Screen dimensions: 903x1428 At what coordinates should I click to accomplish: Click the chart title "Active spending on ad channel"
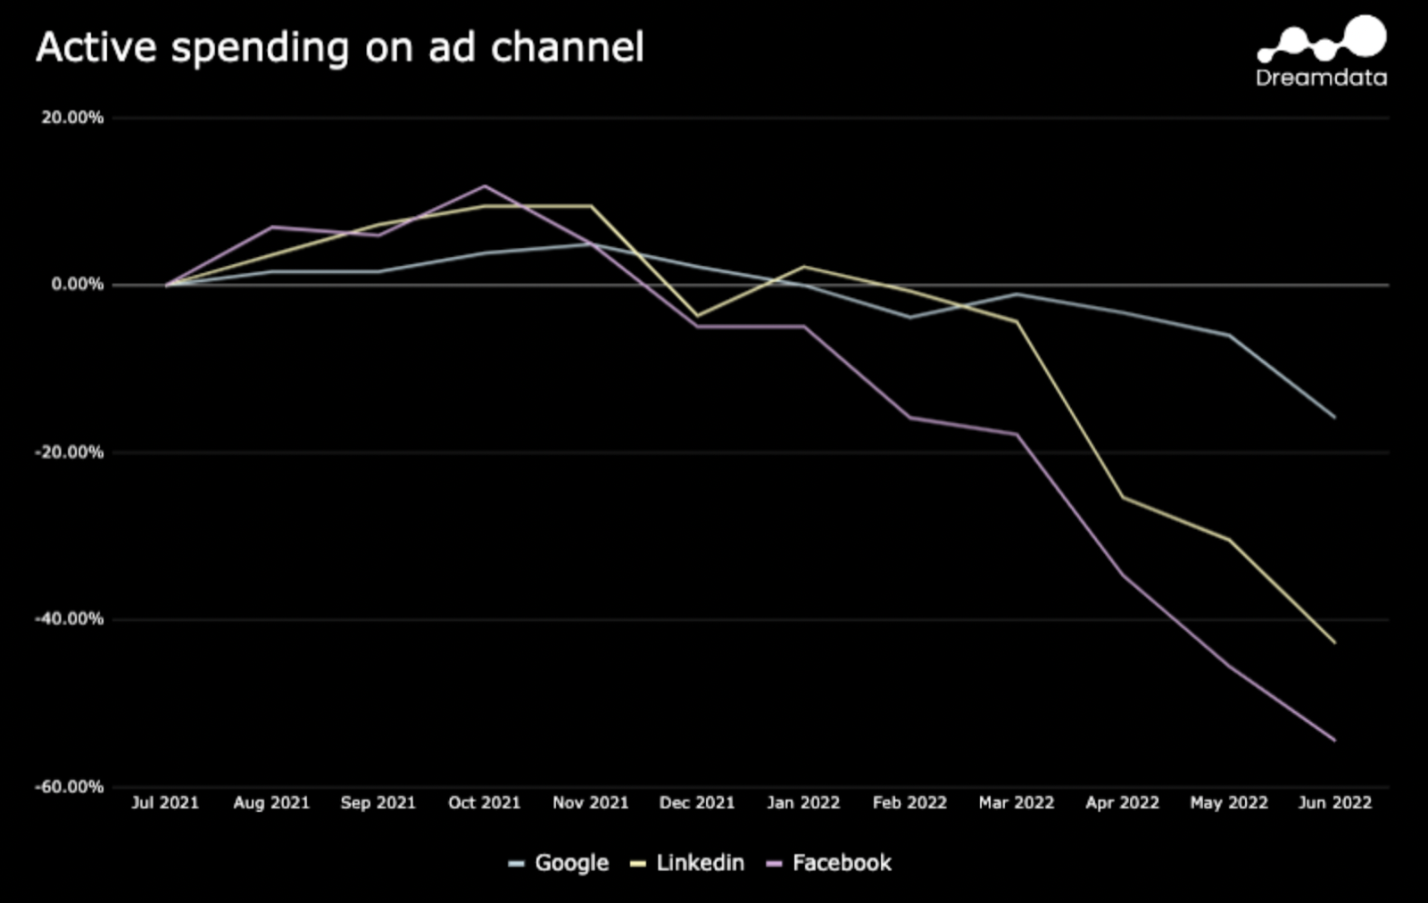click(x=339, y=48)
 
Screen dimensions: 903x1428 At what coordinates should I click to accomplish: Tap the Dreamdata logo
click(x=1322, y=53)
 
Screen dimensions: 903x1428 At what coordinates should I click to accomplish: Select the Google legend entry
click(x=560, y=863)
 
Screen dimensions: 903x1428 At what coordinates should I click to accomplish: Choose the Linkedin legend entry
click(x=688, y=863)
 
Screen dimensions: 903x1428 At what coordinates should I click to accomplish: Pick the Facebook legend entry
click(x=830, y=863)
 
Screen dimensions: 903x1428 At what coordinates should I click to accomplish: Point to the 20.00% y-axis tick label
click(x=72, y=118)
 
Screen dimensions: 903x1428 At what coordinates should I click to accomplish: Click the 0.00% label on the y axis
click(x=78, y=285)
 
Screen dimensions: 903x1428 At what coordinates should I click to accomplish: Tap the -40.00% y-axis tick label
click(x=70, y=618)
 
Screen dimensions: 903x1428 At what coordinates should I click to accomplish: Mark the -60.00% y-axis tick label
click(x=70, y=786)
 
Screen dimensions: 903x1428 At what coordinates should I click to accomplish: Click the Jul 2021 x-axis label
click(x=165, y=802)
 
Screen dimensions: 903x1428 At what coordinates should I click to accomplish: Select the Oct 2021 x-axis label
click(x=484, y=802)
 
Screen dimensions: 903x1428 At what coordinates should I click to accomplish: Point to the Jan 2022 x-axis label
click(x=803, y=802)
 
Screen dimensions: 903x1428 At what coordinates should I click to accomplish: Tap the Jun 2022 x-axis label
click(x=1334, y=802)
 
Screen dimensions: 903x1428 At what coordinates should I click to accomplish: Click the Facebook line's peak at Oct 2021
click(x=485, y=186)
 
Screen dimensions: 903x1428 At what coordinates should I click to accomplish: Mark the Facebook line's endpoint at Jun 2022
click(x=1335, y=740)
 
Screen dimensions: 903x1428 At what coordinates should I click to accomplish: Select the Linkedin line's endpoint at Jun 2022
click(x=1335, y=642)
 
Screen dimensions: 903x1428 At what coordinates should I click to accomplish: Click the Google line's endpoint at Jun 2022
click(x=1335, y=418)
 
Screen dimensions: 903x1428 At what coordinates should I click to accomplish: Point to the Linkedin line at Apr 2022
click(x=1123, y=497)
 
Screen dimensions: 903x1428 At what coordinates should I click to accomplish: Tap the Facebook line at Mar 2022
click(x=1017, y=434)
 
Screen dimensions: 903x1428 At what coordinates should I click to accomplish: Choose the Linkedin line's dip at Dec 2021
click(x=697, y=315)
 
